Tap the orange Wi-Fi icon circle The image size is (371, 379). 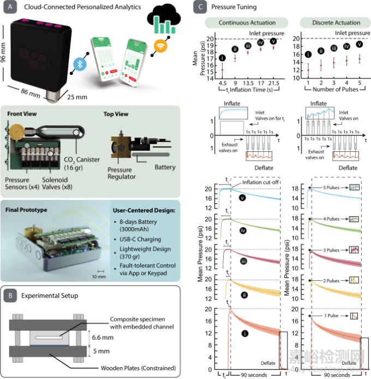point(161,46)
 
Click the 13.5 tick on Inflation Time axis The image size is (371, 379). point(248,83)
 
